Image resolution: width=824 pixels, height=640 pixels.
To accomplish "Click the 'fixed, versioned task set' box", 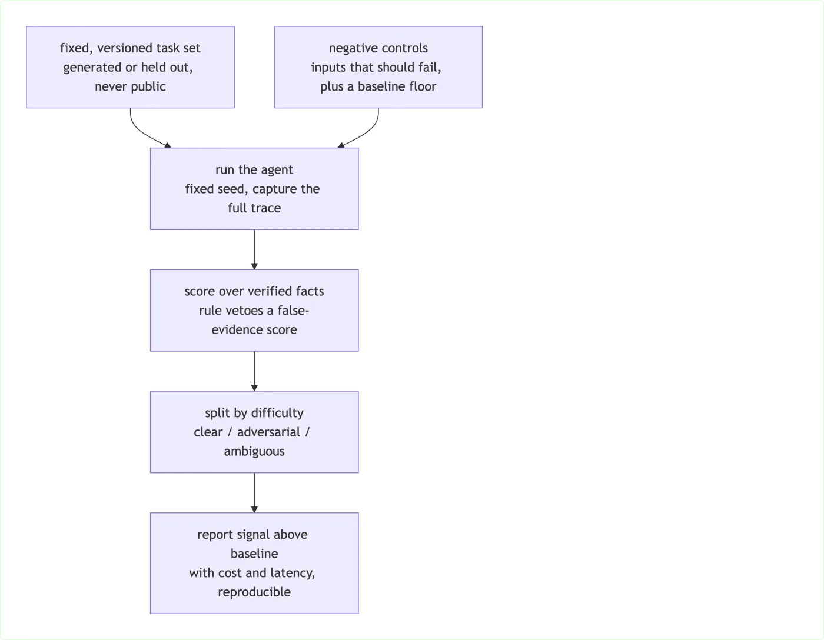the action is [x=130, y=67].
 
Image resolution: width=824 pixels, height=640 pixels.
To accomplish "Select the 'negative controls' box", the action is [x=378, y=67].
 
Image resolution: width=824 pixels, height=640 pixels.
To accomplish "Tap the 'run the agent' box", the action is [x=254, y=189].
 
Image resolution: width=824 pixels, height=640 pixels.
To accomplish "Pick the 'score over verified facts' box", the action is [x=254, y=311].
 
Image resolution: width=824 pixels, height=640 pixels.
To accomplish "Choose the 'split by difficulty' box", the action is [x=254, y=432].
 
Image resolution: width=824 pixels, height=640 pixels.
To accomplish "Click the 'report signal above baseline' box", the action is [x=254, y=563].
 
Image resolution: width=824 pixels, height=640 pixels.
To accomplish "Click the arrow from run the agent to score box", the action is [x=254, y=250].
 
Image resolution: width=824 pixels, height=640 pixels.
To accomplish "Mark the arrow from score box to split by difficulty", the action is [x=254, y=371].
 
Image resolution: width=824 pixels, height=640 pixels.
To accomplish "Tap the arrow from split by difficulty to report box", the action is [x=254, y=493].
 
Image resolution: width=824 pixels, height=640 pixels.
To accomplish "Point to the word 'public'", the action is [x=148, y=87].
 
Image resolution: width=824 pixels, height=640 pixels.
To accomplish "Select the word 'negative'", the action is [x=353, y=48].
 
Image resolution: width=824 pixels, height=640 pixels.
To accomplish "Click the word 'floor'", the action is [x=423, y=86].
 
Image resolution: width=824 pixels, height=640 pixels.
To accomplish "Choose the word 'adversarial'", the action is [x=268, y=432].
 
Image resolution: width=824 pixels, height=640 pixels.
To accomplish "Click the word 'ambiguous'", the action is [x=254, y=452].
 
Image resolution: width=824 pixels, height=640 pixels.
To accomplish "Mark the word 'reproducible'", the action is [x=254, y=592].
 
